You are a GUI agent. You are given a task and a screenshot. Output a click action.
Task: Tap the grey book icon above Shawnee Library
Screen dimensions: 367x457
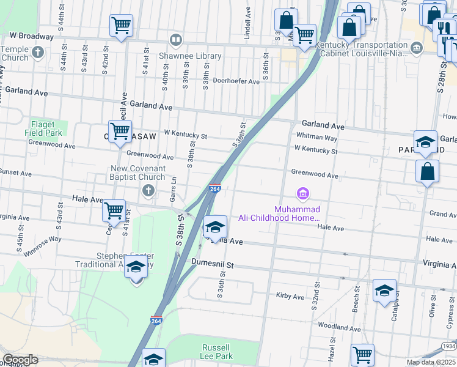pyautogui.click(x=176, y=40)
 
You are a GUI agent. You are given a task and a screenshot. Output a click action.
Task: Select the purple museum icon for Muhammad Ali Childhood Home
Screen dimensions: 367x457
pyautogui.click(x=302, y=195)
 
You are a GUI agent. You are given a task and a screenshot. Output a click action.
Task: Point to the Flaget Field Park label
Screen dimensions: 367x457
pyautogui.click(x=43, y=128)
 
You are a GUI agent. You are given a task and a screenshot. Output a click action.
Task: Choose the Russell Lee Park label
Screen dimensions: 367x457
pyautogui.click(x=217, y=351)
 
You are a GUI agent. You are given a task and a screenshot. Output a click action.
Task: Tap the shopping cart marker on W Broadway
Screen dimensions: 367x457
pyautogui.click(x=122, y=26)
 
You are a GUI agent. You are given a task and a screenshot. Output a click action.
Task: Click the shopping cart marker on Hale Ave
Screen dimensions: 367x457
pyautogui.click(x=114, y=211)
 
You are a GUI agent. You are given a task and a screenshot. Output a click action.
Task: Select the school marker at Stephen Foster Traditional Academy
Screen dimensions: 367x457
pyautogui.click(x=136, y=268)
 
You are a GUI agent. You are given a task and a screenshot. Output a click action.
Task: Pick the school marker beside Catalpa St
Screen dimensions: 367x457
pyautogui.click(x=384, y=291)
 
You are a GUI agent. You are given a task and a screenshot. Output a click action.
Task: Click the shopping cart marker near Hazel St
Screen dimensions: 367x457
pyautogui.click(x=362, y=355)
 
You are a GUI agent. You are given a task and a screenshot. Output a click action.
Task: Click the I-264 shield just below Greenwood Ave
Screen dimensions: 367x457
pyautogui.click(x=214, y=189)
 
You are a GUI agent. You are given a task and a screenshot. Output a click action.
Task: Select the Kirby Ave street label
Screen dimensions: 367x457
pyautogui.click(x=290, y=297)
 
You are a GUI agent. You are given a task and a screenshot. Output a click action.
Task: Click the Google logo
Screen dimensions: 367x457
pyautogui.click(x=20, y=360)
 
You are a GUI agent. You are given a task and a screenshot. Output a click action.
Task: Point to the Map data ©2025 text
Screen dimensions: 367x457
pyautogui.click(x=431, y=362)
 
